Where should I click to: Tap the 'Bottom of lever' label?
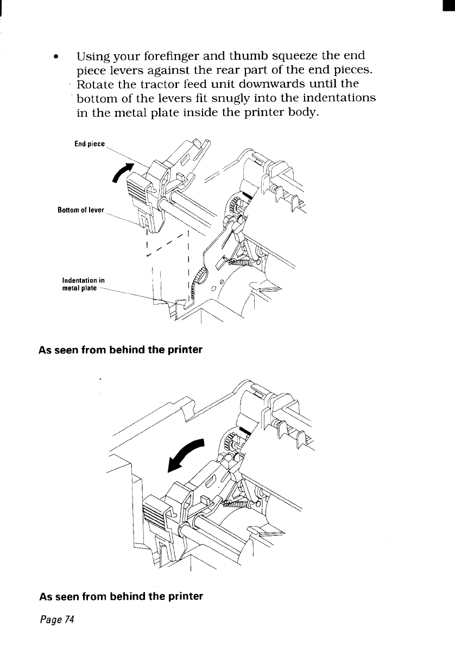coord(81,210)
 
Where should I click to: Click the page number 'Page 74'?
coord(56,619)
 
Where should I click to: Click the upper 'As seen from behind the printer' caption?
coord(121,350)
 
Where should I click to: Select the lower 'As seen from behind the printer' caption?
coord(121,596)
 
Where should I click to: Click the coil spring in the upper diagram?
coord(233,262)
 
